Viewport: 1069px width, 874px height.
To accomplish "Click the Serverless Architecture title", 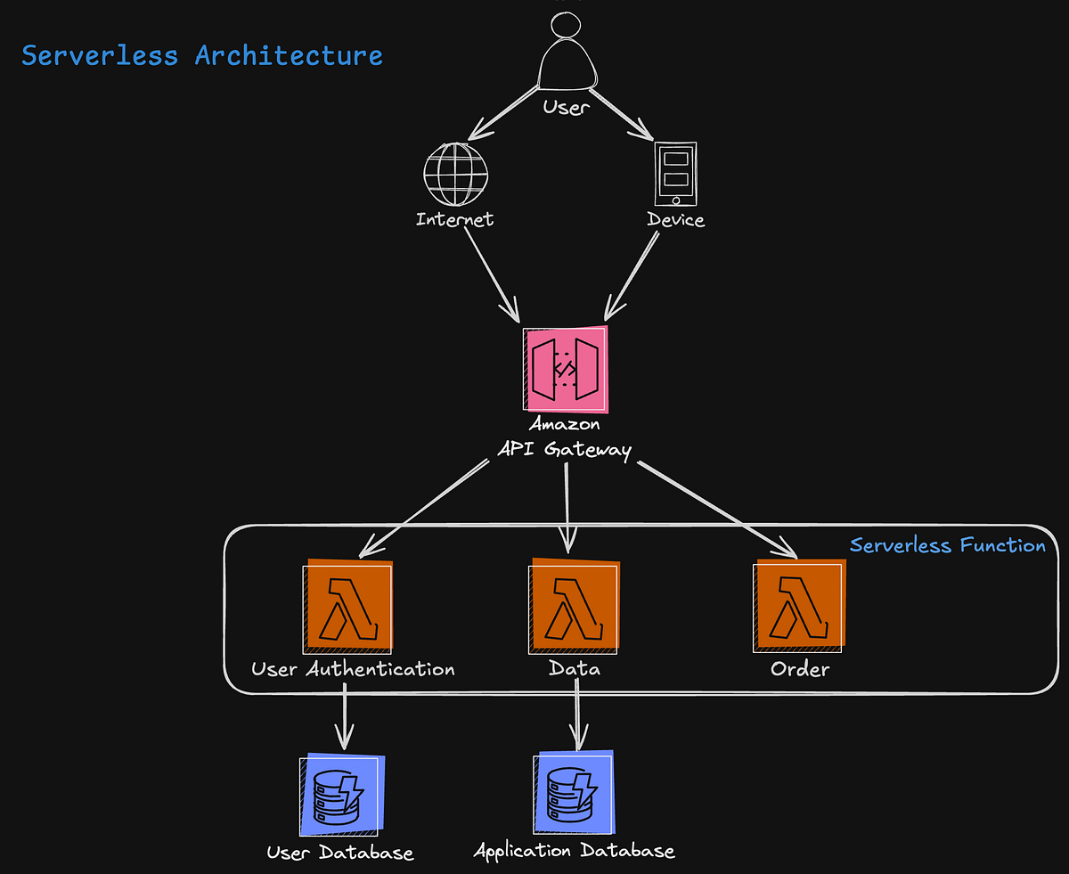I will tap(202, 55).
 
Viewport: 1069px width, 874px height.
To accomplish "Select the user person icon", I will tap(567, 58).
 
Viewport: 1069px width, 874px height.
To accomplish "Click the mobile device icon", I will tap(675, 175).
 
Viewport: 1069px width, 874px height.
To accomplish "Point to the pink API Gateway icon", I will tap(567, 370).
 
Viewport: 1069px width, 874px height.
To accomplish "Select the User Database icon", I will tap(341, 796).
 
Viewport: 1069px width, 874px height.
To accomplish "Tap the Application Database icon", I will tap(574, 793).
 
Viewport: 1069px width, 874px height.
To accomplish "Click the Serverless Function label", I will tap(947, 545).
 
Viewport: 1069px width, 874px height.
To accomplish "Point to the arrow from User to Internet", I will tap(504, 113).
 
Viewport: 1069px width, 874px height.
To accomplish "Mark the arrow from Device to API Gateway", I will tap(632, 276).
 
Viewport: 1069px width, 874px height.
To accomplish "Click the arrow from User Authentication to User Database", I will tap(344, 717).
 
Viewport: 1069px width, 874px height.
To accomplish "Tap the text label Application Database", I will tap(574, 851).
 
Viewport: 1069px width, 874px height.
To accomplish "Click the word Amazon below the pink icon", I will tap(565, 424).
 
